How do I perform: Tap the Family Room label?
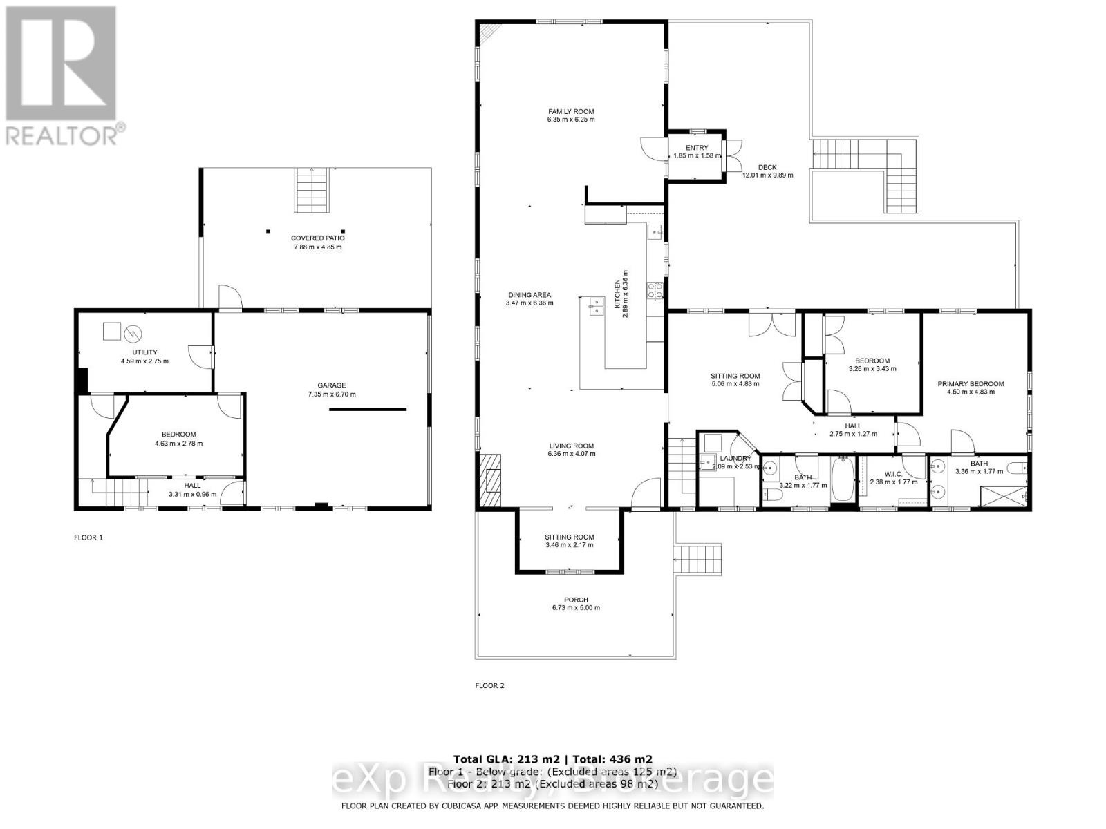(x=571, y=111)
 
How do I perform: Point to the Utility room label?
(x=144, y=352)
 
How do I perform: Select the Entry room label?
(x=697, y=148)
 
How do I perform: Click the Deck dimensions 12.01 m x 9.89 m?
(x=767, y=175)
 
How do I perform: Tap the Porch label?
(x=576, y=600)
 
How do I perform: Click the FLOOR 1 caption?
(x=88, y=537)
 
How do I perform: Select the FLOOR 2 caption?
(x=489, y=686)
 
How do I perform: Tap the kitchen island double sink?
(x=595, y=305)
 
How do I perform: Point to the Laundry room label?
(x=735, y=458)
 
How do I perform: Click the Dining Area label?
(x=529, y=295)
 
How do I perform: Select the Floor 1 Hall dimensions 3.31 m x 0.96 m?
(x=192, y=495)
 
